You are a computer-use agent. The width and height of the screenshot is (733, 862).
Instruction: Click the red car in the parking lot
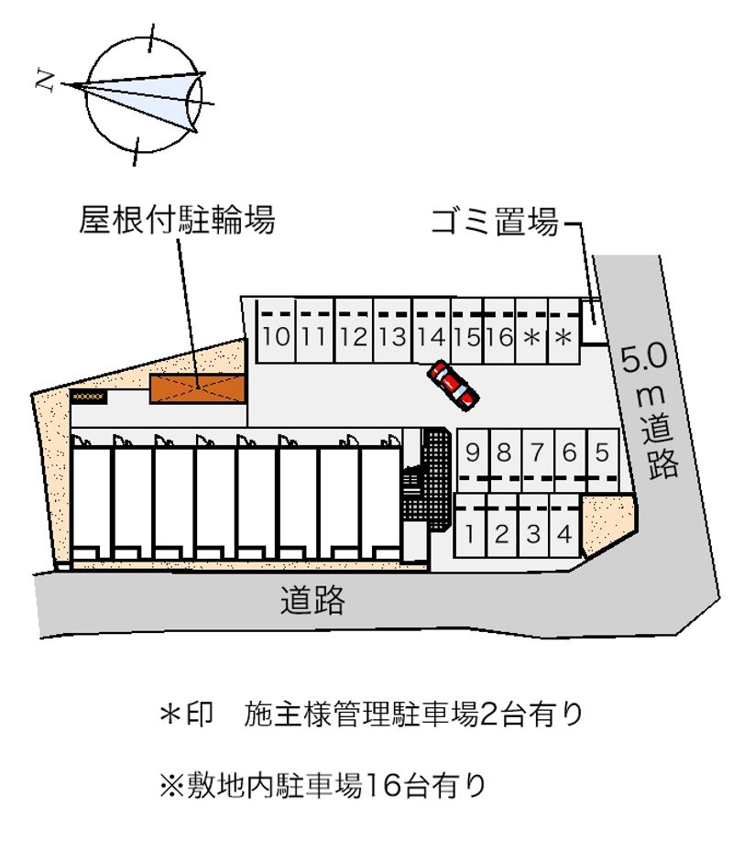click(453, 383)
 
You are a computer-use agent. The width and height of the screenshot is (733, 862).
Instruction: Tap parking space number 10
click(276, 336)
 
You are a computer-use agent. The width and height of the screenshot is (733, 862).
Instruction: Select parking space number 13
click(391, 336)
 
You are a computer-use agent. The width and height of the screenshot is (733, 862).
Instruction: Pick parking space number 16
click(499, 336)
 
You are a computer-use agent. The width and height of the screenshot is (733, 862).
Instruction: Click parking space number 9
click(473, 452)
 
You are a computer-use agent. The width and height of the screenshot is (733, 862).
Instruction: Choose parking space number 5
click(601, 452)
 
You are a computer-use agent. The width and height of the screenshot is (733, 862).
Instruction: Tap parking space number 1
click(469, 533)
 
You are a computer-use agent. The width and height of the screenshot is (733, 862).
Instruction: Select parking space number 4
click(565, 533)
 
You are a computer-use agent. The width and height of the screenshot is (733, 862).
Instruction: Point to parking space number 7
click(538, 452)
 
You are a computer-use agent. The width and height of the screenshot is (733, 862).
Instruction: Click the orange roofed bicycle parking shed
click(198, 387)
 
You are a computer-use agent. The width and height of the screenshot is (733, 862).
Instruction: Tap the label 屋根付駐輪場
click(177, 220)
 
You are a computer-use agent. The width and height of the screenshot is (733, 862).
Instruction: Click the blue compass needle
click(137, 96)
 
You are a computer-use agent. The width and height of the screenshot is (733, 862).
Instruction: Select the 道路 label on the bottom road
click(313, 600)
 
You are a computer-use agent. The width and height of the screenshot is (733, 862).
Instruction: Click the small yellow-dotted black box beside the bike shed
click(89, 397)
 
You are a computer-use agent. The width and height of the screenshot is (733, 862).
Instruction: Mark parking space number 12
click(352, 336)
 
